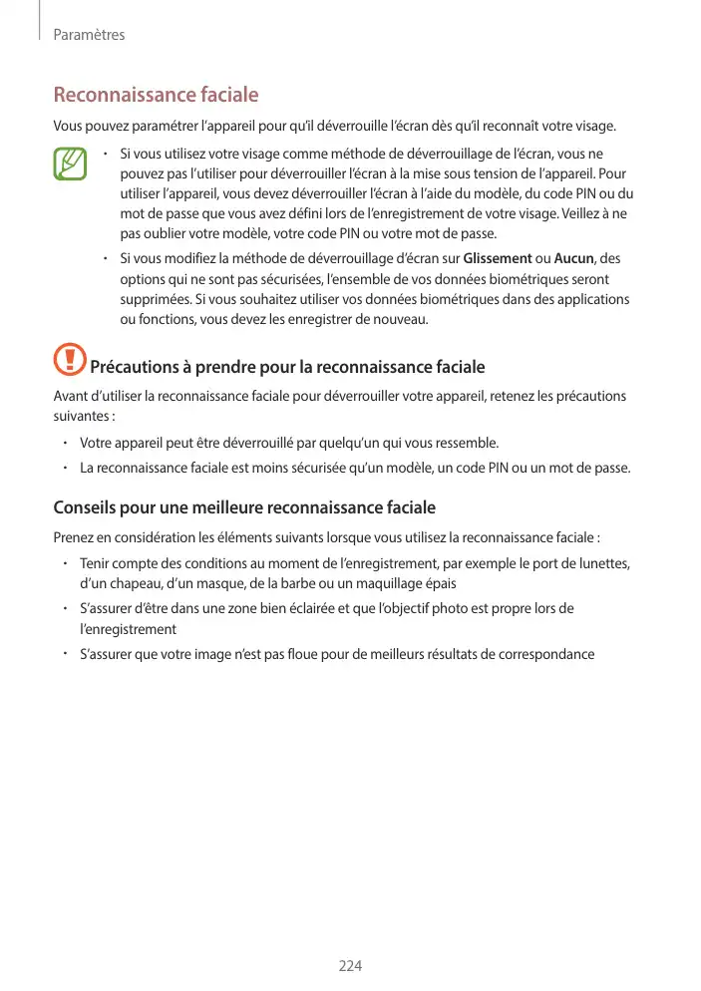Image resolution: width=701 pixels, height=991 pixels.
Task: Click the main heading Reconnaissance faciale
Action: point(156,96)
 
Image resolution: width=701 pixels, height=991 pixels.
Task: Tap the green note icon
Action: point(72,164)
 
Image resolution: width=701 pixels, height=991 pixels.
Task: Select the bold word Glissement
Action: point(498,259)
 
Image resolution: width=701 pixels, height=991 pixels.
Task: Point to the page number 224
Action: point(350,966)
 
